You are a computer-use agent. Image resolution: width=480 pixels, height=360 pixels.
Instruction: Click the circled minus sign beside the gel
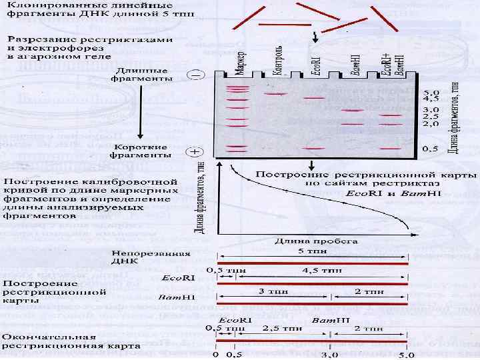point(195,77)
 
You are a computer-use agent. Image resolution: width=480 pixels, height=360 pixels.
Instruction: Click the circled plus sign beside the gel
point(195,152)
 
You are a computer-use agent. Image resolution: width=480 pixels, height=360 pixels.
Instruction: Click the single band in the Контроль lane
point(274,94)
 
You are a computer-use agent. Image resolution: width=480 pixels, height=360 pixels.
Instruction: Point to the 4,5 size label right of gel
point(432,100)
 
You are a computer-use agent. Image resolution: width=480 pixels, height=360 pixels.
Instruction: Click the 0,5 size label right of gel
point(432,149)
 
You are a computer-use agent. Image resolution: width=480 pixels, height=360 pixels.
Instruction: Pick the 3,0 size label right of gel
point(432,109)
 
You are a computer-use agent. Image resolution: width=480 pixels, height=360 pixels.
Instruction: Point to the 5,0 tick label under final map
point(407,355)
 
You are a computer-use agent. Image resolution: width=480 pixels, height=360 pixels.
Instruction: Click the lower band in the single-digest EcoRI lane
point(313,149)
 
